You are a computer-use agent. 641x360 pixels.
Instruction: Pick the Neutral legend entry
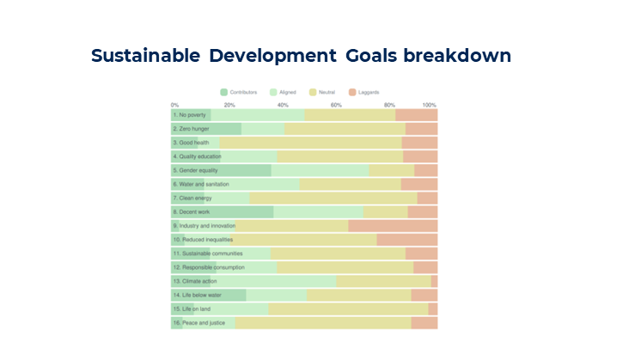326,92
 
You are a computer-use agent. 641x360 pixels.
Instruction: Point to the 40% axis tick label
283,105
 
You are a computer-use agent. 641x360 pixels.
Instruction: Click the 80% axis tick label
390,105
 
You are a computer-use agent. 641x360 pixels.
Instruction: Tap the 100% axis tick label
429,105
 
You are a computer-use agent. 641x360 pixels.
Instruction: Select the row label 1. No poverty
190,115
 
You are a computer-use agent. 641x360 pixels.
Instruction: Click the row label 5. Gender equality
196,170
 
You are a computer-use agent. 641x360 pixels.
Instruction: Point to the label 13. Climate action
195,281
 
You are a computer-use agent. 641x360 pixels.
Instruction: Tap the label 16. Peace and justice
198,323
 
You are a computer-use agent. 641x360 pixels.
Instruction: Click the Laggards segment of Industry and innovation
393,226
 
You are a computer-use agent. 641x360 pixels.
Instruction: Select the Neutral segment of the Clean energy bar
333,198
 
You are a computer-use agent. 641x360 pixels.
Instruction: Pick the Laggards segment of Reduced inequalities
406,240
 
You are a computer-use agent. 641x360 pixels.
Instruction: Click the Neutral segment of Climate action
383,281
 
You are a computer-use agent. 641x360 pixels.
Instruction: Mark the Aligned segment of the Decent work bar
318,211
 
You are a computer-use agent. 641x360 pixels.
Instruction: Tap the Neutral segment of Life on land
348,308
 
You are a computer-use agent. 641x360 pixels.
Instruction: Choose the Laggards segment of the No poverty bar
416,115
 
